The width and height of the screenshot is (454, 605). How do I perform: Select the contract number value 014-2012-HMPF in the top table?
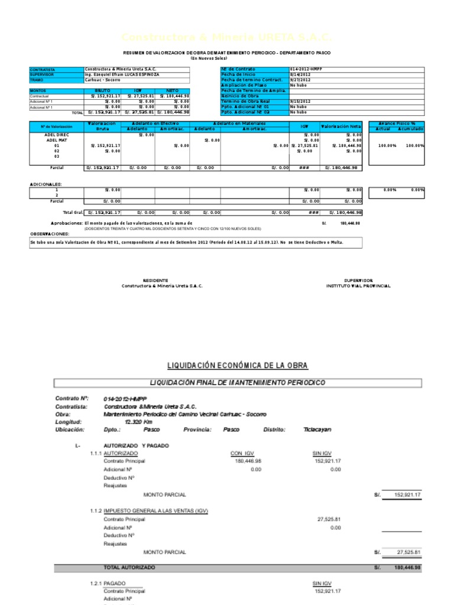pyautogui.click(x=307, y=69)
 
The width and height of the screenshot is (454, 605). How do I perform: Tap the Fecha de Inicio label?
pyautogui.click(x=238, y=75)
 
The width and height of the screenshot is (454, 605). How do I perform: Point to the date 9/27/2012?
pyautogui.click(x=299, y=80)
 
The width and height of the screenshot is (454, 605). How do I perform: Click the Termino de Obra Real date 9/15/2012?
pyautogui.click(x=299, y=101)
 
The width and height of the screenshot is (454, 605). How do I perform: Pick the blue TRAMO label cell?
pyautogui.click(x=57, y=80)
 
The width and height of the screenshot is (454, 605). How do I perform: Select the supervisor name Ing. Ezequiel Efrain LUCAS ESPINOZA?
pyautogui.click(x=122, y=74)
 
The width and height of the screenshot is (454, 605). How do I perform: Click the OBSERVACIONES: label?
pyautogui.click(x=49, y=234)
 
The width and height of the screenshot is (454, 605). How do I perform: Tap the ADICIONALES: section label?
pyautogui.click(x=46, y=184)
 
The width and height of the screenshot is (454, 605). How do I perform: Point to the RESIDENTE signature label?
pyautogui.click(x=156, y=280)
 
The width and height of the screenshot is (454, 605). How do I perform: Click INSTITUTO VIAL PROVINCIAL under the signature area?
pyautogui.click(x=358, y=285)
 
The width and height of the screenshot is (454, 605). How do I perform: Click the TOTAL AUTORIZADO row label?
pyautogui.click(x=129, y=567)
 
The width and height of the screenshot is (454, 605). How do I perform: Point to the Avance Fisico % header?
pyautogui.click(x=397, y=123)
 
